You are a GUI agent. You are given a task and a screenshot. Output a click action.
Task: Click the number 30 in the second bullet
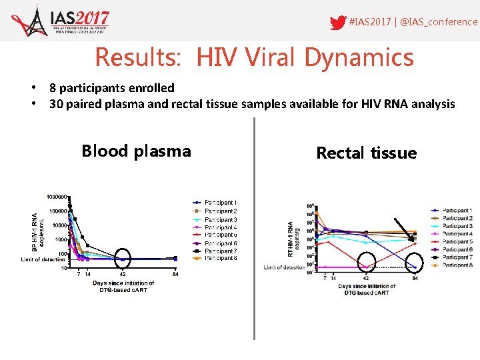point(57,104)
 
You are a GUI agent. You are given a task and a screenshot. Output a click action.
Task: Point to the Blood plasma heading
point(136,151)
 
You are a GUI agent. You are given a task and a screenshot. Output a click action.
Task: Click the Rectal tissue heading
point(366,153)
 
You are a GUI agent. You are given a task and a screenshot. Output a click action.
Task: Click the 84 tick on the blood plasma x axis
point(175,274)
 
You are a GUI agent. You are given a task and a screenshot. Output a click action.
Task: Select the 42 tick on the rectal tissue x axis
point(365,278)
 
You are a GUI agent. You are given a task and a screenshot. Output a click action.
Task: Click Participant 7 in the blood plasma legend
point(220,251)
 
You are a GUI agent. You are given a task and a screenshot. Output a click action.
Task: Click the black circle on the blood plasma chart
point(123,258)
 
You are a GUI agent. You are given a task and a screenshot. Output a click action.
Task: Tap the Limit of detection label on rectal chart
point(284,268)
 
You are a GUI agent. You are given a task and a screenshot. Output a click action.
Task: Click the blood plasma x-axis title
point(123,287)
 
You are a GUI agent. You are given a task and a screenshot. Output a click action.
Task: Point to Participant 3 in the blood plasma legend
point(220,219)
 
